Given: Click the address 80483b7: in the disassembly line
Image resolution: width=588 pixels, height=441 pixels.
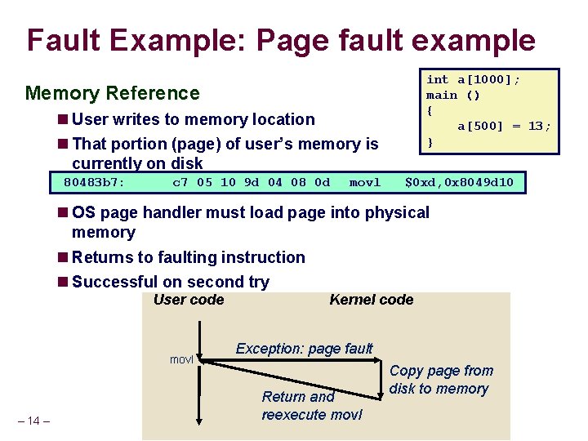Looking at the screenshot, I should (x=94, y=182).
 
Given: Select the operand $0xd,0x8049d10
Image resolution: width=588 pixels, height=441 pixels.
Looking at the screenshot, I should (x=460, y=182).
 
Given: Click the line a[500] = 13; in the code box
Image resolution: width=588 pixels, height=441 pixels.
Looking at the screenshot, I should (x=504, y=126).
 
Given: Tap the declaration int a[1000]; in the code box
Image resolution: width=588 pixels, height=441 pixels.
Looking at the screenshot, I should (x=473, y=79).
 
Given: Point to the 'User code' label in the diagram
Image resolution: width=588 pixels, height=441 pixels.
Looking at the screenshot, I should (x=188, y=300).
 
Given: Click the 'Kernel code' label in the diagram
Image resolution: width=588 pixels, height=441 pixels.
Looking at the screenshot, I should (x=371, y=300).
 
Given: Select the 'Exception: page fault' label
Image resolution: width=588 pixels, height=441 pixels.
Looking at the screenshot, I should (x=304, y=349).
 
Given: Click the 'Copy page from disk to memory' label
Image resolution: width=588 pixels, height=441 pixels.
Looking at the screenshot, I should (x=441, y=380).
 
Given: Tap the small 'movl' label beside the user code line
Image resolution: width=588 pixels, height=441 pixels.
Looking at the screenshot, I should (x=181, y=359).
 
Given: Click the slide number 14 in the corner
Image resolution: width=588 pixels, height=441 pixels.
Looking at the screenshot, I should (x=33, y=421).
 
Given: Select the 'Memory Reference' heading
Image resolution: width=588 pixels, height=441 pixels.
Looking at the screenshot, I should (x=112, y=93).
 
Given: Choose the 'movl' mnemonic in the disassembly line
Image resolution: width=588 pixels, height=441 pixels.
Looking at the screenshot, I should (x=364, y=182).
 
